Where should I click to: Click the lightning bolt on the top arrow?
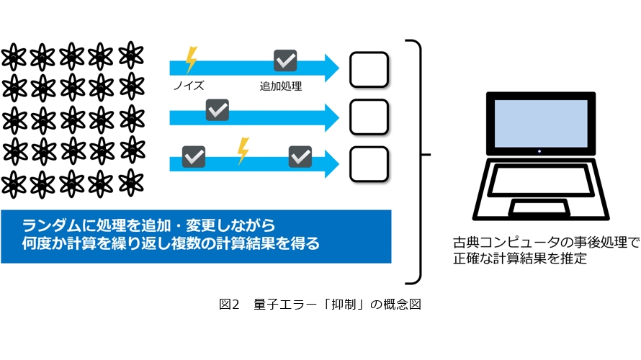pos(191,60)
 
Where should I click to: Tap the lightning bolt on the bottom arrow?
pos(243,151)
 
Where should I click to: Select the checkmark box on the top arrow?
pos(285,61)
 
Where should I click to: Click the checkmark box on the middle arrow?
pos(217,109)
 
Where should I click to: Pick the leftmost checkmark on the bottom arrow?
pos(194,156)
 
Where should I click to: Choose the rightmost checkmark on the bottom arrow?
pos(300,156)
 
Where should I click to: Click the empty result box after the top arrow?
pos(369,70)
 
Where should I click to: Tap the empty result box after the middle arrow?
pos(369,117)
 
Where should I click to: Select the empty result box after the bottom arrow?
pos(369,164)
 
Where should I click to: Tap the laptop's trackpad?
pos(539,208)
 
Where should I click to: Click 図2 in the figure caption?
pos(228,305)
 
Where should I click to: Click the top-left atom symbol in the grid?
pos(15,55)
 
